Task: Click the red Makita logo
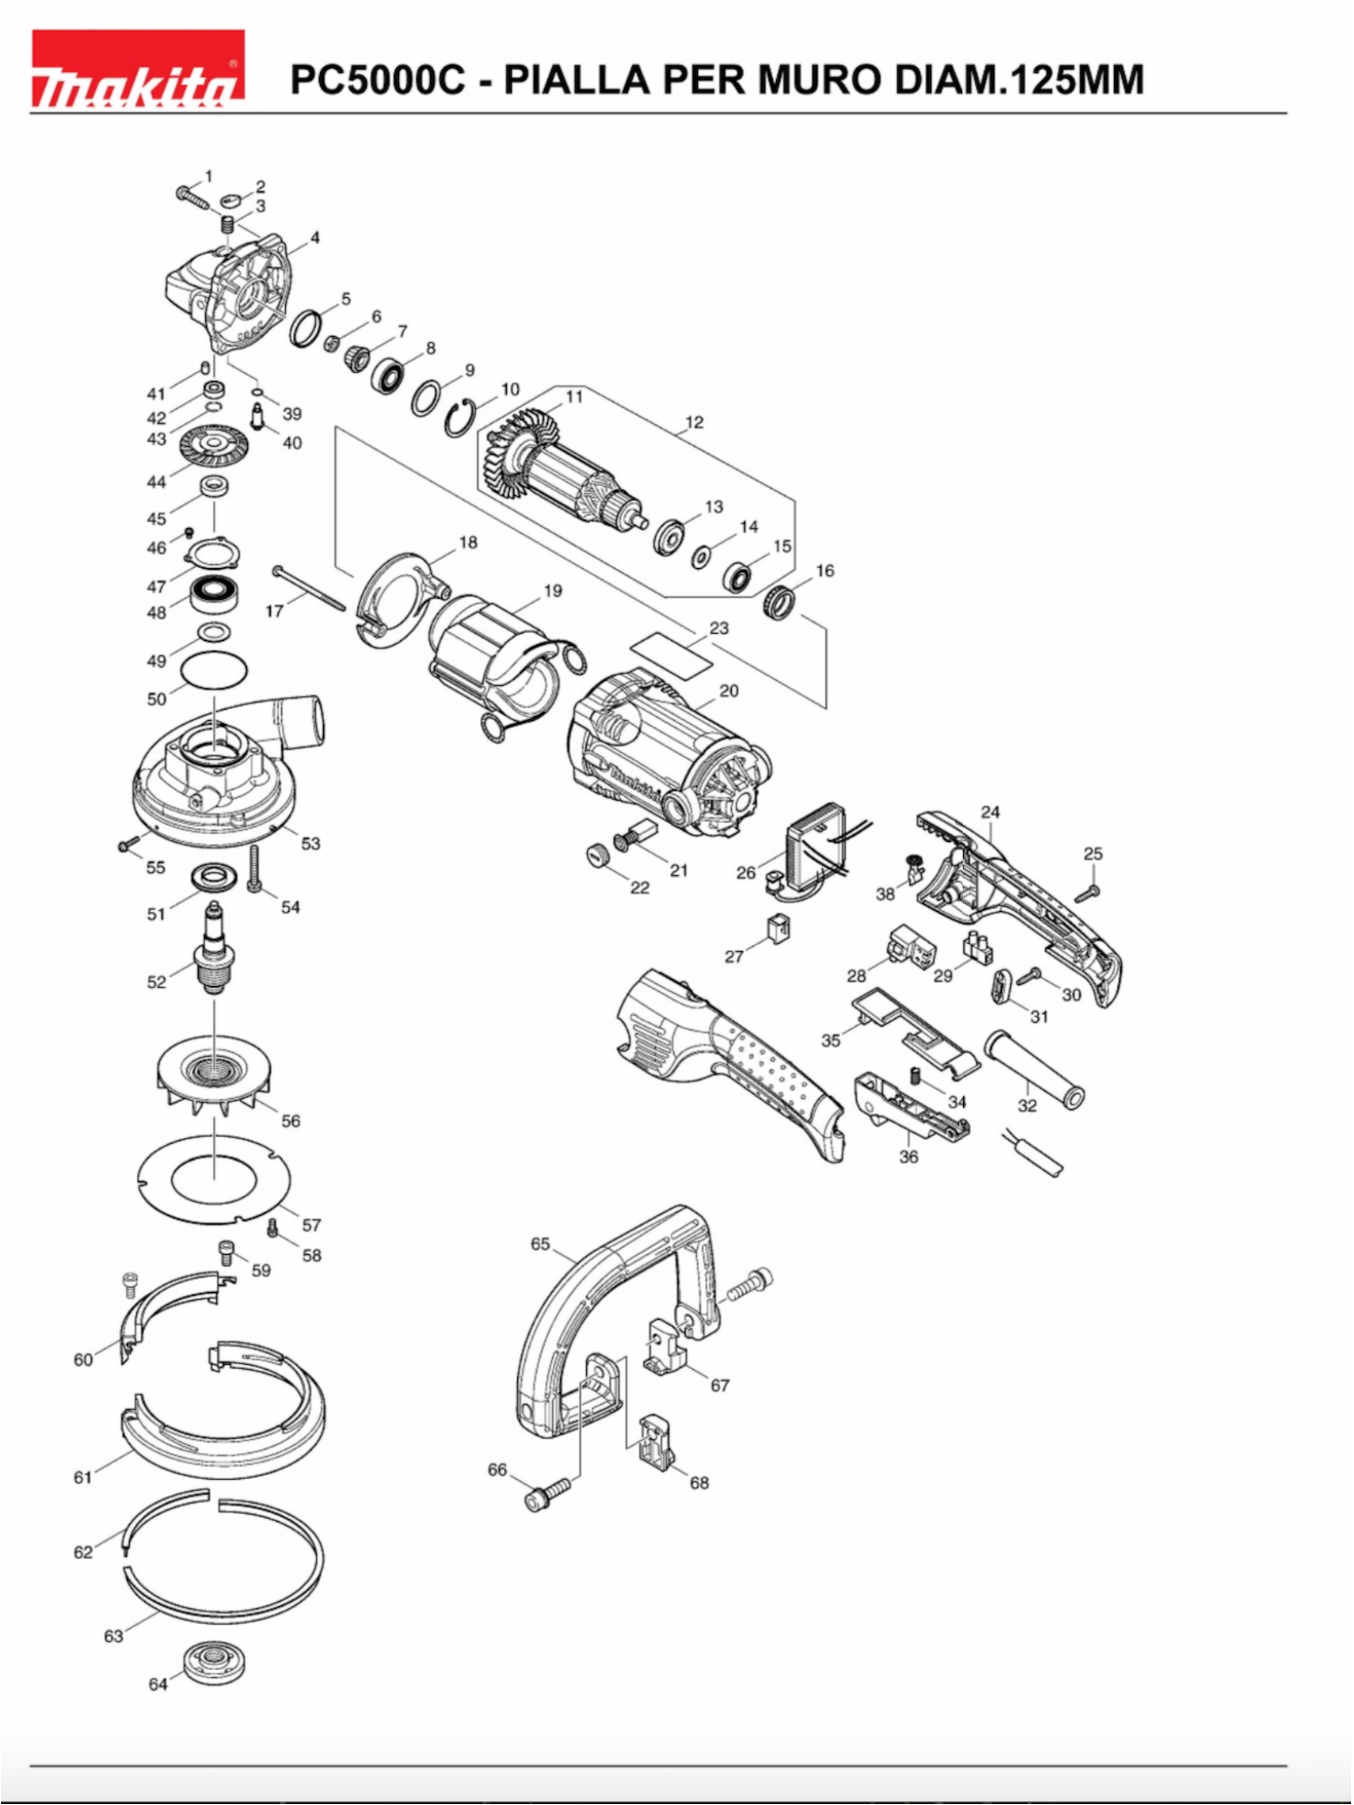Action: tap(138, 69)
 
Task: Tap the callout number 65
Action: tap(540, 1243)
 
